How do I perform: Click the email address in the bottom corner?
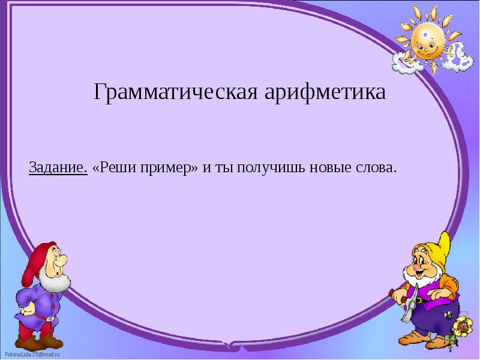pos(29,355)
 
